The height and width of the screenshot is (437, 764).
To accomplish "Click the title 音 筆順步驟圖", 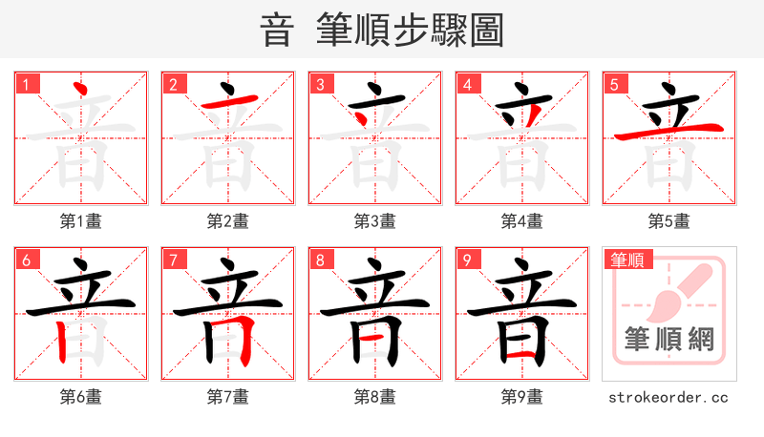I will point(382,30).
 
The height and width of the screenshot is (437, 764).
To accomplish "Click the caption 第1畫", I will point(81,221).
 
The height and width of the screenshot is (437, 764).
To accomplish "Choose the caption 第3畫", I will point(375,221).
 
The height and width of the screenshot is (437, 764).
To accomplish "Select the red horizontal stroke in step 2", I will point(227,103).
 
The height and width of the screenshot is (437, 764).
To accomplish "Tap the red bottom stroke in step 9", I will point(520,355).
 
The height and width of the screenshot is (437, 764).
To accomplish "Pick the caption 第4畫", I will point(522,221).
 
